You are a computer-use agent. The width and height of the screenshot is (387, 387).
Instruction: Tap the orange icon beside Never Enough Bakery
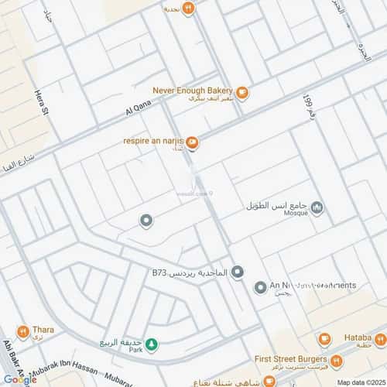pyautogui.click(x=242, y=94)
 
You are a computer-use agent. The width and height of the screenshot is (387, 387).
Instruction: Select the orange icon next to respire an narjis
pyautogui.click(x=192, y=142)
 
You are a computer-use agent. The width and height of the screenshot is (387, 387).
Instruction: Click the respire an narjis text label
pyautogui.click(x=153, y=140)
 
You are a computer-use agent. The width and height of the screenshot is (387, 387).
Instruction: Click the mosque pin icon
pyautogui.click(x=317, y=207)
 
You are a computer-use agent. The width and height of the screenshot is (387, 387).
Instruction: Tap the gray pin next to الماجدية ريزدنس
pyautogui.click(x=238, y=272)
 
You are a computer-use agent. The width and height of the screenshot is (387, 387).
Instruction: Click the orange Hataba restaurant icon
pyautogui.click(x=325, y=339)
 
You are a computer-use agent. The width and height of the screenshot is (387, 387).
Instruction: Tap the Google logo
pyautogui.click(x=19, y=378)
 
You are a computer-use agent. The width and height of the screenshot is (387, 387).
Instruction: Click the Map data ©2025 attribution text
pyautogui.click(x=359, y=382)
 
